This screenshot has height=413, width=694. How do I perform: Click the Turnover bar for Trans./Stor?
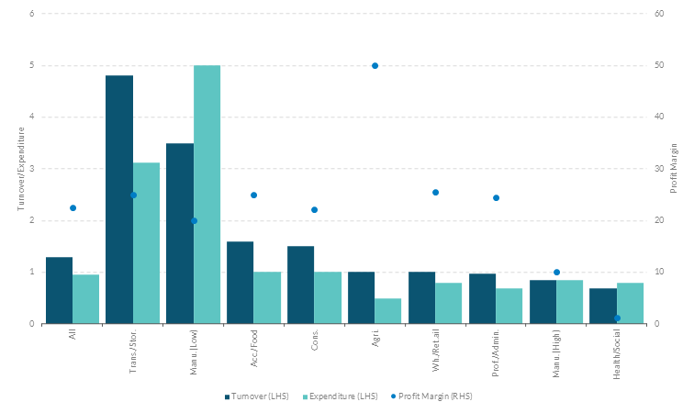[119, 199]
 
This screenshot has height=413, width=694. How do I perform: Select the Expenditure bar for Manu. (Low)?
[207, 195]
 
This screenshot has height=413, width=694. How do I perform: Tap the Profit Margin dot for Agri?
[375, 66]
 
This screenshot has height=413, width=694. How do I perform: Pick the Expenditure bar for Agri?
[388, 311]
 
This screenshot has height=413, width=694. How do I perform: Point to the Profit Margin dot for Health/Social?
[617, 318]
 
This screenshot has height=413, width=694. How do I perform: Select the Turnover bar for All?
[59, 290]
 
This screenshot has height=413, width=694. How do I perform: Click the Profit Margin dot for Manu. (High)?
[556, 273]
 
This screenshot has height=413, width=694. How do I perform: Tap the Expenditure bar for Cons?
[328, 297]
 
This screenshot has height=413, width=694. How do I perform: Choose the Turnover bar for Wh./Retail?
[422, 297]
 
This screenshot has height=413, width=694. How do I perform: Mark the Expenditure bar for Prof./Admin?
[509, 306]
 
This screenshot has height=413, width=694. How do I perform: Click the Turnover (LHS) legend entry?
[257, 396]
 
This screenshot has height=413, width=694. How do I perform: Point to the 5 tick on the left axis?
[32, 66]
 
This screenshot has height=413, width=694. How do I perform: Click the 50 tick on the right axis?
[660, 66]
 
